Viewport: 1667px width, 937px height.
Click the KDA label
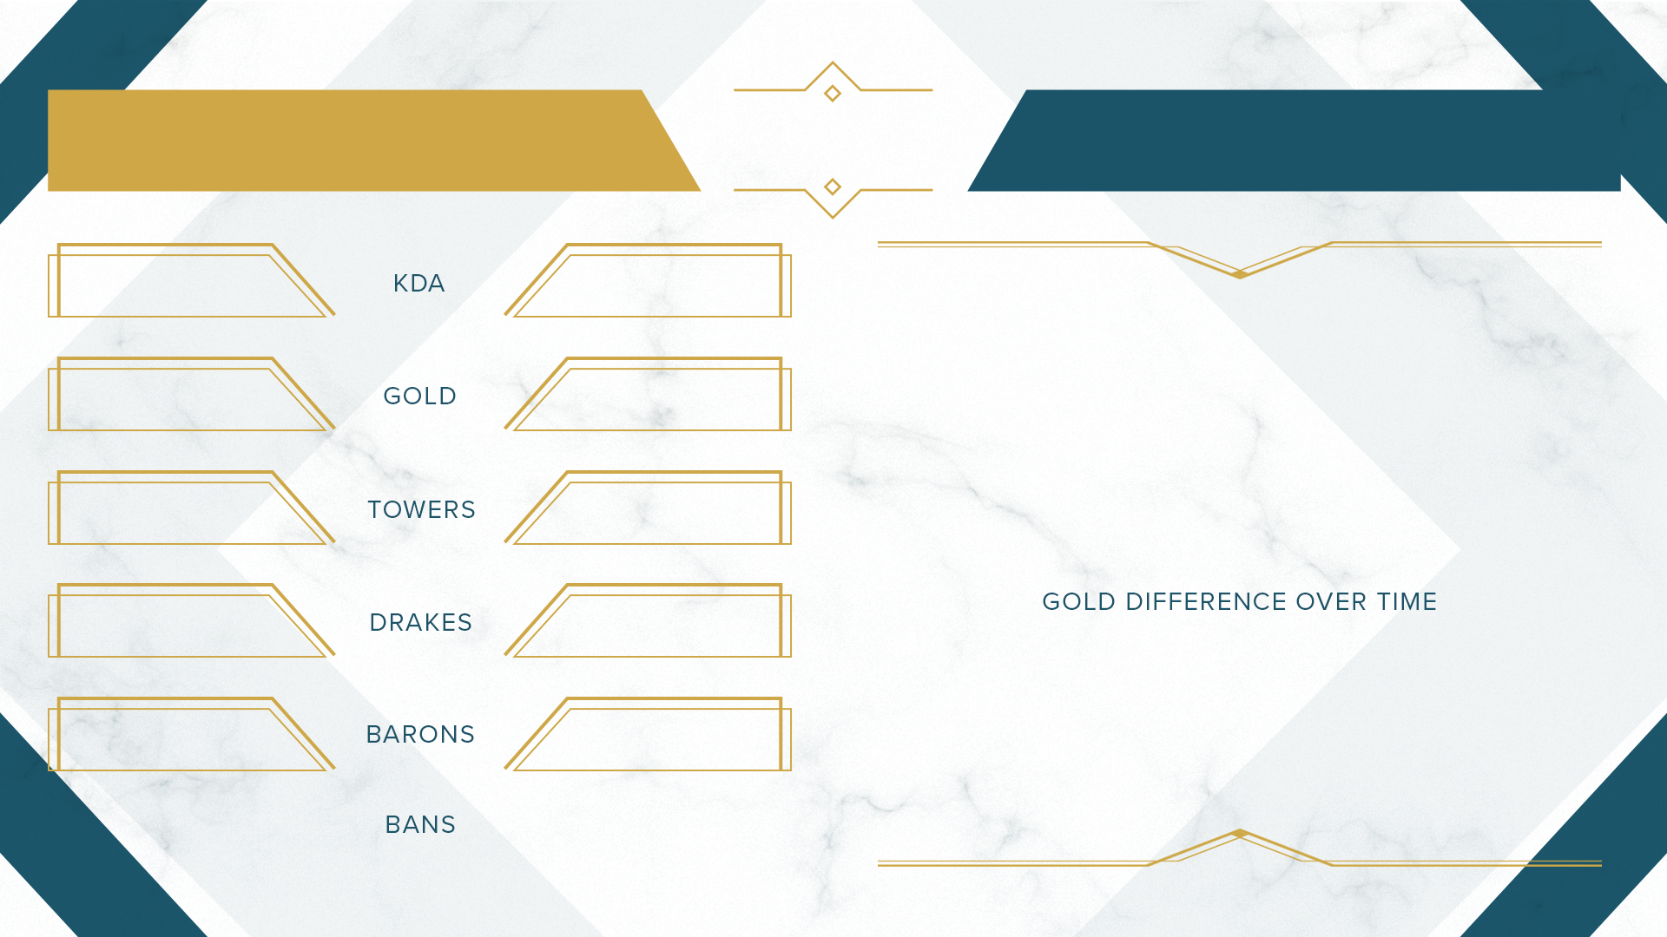coord(418,284)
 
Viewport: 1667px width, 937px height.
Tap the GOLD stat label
coord(420,396)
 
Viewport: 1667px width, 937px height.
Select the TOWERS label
coord(421,509)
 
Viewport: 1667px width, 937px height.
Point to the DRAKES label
coord(421,622)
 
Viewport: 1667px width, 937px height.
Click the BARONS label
coord(420,735)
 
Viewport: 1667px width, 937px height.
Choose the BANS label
coord(420,824)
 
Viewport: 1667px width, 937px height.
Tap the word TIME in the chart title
coord(1407,601)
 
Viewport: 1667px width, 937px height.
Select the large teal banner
coord(1294,141)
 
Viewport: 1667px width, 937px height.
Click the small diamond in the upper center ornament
coord(833,93)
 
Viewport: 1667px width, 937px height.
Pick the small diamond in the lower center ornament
coord(833,187)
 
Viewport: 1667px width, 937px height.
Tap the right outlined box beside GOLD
coord(674,359)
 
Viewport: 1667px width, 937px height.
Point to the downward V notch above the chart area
coord(1240,275)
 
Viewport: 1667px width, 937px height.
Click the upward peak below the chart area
coord(1240,833)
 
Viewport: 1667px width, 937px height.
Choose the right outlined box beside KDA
coord(674,246)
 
